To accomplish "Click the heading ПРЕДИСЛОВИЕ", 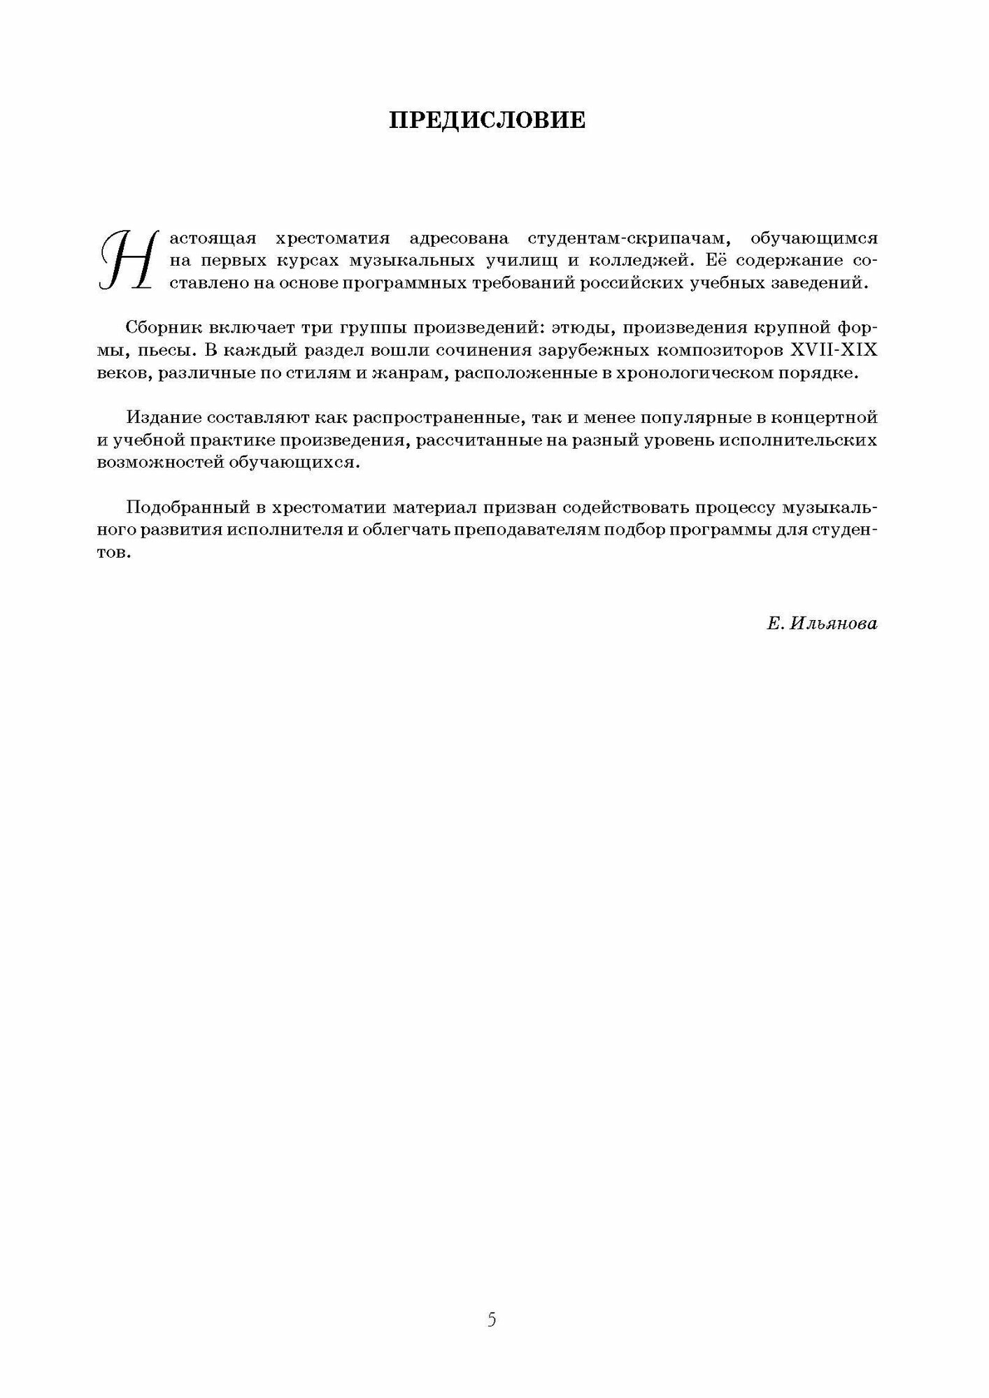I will coord(488,120).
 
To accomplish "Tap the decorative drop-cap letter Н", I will coord(127,258).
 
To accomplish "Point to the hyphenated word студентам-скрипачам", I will coord(631,238).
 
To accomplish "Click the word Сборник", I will coord(162,329).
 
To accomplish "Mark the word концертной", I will coord(823,418).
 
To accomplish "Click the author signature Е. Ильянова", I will coord(821,624).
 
